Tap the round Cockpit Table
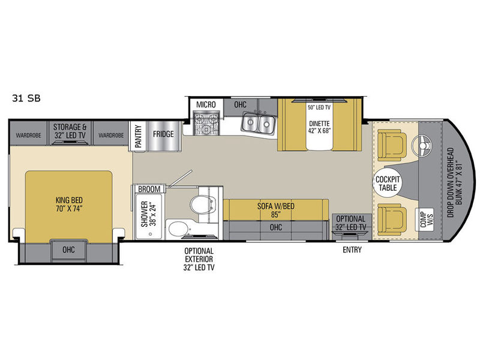pos(387,183)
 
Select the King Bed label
pos(69,205)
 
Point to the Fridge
pos(164,136)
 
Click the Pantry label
pos(139,136)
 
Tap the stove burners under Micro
pos(206,124)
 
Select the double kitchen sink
pos(258,123)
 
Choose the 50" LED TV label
pos(319,107)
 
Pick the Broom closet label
pos(149,189)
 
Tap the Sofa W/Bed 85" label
pos(276,211)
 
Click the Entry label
pos(352,250)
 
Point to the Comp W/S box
pos(427,220)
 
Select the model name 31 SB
pos(26,98)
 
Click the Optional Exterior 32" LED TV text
pos(199,259)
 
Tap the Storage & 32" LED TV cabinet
pos(70,133)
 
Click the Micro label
pos(206,104)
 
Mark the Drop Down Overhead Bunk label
pos(454,183)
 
